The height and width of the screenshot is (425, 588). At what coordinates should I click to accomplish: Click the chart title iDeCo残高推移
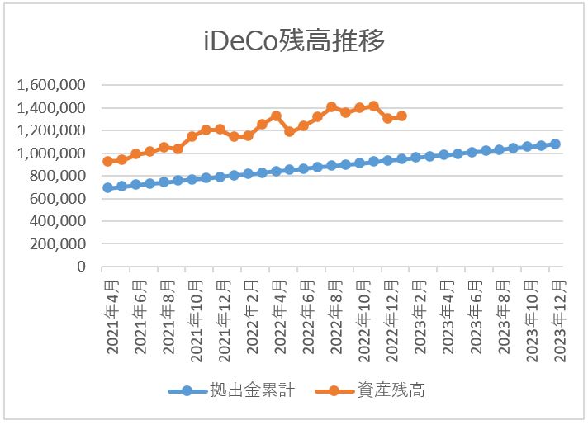pyautogui.click(x=294, y=40)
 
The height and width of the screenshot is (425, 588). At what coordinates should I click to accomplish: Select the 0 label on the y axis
pyautogui.click(x=82, y=267)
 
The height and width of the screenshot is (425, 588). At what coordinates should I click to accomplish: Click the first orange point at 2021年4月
pyautogui.click(x=107, y=162)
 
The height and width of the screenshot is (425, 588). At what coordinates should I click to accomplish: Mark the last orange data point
pyautogui.click(x=402, y=116)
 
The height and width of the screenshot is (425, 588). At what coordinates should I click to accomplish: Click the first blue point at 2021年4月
pyautogui.click(x=107, y=187)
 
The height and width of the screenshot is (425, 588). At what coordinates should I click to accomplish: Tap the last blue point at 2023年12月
pyautogui.click(x=555, y=144)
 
